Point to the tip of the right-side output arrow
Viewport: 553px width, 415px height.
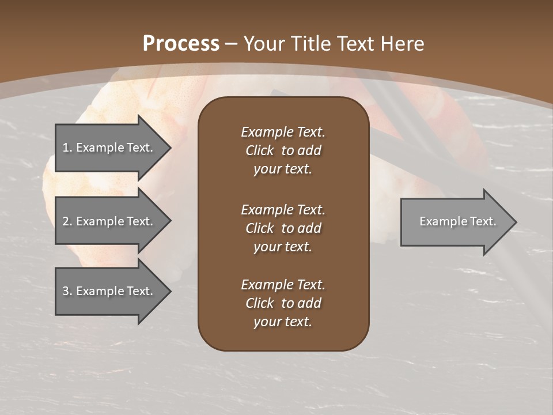pos(516,222)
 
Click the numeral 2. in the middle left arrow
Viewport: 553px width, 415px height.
pos(67,221)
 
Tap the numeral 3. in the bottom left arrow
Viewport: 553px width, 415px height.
pos(67,291)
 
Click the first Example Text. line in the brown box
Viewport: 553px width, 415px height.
pos(283,132)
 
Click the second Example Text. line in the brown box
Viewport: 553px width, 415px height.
pos(283,210)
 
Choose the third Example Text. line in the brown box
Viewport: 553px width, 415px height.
pos(283,285)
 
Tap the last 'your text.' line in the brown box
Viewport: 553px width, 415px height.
pos(283,322)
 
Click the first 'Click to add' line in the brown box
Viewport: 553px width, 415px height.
pos(283,151)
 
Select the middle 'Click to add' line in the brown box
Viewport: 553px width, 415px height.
pos(283,228)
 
